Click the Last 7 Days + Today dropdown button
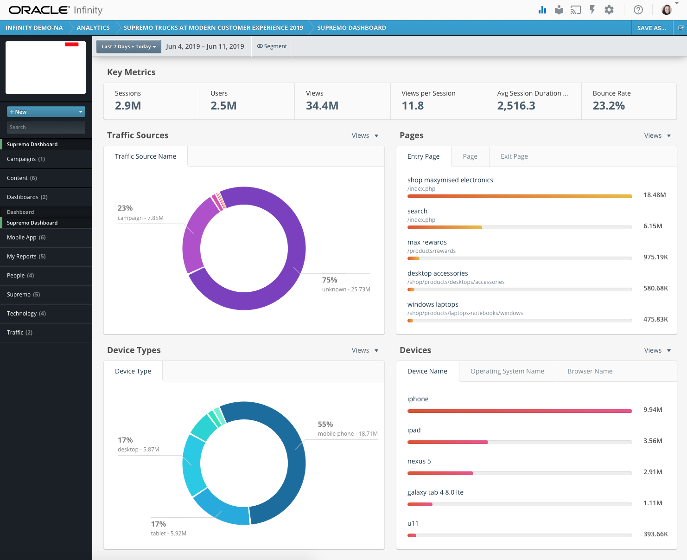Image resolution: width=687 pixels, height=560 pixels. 128,46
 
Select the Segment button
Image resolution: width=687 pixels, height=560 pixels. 272,46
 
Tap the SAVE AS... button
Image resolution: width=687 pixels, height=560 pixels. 651,28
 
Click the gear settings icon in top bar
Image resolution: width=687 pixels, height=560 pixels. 609,10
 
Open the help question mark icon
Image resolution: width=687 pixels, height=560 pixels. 638,10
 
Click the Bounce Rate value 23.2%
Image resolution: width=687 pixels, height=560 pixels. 609,106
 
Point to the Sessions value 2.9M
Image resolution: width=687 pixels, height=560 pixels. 128,106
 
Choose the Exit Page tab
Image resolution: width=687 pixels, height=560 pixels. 514,156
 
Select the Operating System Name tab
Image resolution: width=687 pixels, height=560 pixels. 507,371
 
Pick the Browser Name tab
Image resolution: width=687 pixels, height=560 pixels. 590,371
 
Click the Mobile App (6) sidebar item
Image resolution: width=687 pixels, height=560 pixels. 26,238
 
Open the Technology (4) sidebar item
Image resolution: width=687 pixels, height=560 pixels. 26,314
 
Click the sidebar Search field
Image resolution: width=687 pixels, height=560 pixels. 46,127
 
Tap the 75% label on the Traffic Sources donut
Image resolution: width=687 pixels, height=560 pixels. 330,280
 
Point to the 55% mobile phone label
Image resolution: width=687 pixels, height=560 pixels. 325,424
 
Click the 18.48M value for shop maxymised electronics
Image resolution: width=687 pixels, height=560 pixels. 655,195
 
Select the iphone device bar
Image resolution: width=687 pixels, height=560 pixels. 520,411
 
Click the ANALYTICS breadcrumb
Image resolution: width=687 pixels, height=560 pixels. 93,28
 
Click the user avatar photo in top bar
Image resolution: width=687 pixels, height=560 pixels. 667,10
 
